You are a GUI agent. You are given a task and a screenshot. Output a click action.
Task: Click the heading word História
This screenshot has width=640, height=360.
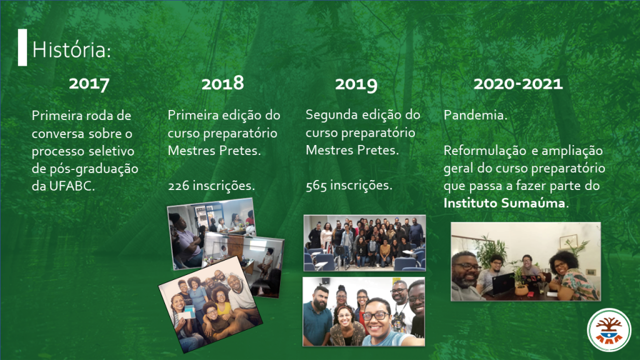[x=71, y=50]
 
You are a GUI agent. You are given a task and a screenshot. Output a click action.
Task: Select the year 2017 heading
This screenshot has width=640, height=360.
[x=89, y=84]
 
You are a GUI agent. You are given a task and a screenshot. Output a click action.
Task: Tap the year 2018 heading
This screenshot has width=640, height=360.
[x=222, y=83]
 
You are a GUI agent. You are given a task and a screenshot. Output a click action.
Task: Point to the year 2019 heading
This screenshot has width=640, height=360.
[x=356, y=84]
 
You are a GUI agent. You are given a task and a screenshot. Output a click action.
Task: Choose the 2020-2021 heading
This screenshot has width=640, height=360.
[x=518, y=84]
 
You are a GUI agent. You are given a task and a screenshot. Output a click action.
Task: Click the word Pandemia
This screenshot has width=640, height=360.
[x=476, y=115]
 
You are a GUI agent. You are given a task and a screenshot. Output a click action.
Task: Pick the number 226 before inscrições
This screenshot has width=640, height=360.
[x=178, y=186]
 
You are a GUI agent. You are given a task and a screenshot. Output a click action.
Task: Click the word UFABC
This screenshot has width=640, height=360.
[x=72, y=186]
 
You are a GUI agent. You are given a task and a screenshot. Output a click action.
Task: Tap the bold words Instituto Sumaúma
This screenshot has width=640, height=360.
[x=504, y=203]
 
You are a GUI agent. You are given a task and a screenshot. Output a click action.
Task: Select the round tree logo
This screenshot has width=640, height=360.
[x=609, y=330]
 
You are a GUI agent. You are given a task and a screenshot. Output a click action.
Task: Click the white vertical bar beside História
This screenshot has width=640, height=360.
[x=22, y=47]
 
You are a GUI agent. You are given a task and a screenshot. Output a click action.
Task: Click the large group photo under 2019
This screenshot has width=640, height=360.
[x=364, y=243]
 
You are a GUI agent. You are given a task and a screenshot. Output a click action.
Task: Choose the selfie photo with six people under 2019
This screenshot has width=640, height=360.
[x=364, y=312]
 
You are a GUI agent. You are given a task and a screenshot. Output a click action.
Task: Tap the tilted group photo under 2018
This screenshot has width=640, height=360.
[x=210, y=304]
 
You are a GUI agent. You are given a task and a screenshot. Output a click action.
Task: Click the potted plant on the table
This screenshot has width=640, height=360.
[x=521, y=282]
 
